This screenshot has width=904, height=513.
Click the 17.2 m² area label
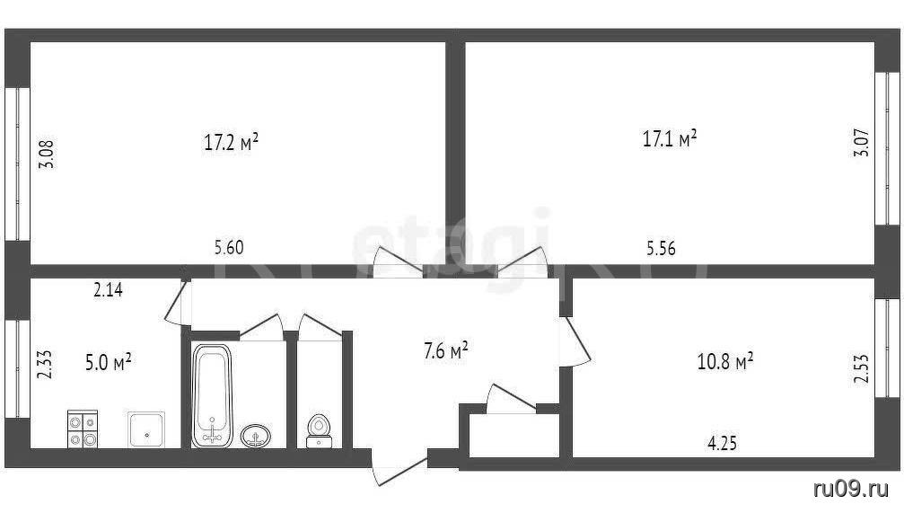(231, 142)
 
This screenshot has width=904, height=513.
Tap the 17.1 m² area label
(670, 139)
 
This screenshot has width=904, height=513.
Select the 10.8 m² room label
(725, 362)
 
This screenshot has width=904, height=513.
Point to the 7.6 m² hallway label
(445, 350)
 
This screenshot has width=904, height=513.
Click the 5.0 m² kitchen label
(109, 363)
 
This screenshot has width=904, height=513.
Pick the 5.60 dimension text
(229, 248)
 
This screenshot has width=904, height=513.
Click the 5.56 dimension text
(661, 248)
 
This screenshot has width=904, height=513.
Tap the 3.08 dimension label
(46, 154)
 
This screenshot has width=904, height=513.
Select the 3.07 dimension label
(861, 143)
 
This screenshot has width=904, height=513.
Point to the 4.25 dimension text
(722, 443)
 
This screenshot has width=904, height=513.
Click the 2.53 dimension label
(861, 368)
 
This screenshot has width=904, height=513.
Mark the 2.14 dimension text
(108, 289)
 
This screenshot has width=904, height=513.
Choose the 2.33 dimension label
(45, 365)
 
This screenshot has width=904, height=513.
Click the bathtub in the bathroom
(212, 396)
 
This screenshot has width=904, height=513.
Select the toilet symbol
(319, 431)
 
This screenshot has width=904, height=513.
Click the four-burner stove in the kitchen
(83, 429)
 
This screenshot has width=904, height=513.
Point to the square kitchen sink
(145, 429)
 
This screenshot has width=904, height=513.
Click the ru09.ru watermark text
(851, 490)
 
